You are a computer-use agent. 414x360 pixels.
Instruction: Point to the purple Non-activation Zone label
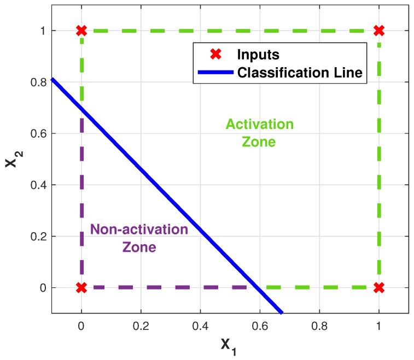click(139, 238)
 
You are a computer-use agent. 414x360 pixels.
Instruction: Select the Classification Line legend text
click(300, 73)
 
